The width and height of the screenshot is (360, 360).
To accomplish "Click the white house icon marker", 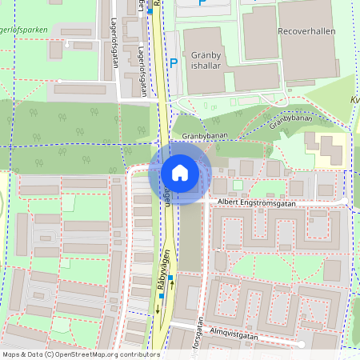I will point(180,173).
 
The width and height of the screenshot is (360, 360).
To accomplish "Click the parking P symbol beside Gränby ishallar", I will point(173,63).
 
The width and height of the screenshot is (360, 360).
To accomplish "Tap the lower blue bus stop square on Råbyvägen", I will point(161,296).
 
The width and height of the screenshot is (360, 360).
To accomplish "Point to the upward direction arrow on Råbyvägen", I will point(172,286).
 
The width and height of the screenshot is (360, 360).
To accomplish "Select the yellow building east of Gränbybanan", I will point(327,150).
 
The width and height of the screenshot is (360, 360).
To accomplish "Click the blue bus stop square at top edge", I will point(150,10).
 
